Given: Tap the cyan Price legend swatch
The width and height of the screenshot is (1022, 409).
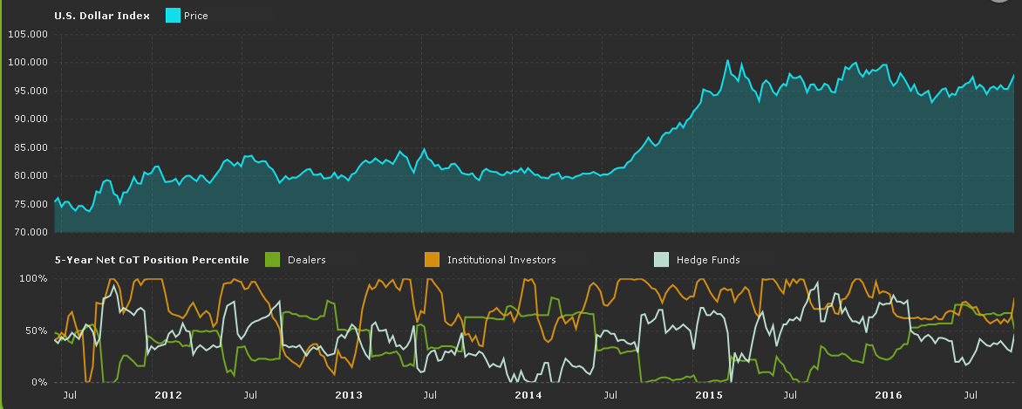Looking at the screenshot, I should [173, 16].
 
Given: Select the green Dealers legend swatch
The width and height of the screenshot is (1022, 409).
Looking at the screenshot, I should [272, 259].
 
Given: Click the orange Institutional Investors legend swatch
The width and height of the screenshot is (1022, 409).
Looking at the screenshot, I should [432, 259].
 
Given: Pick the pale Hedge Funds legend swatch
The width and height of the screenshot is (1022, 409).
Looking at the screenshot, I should [661, 259].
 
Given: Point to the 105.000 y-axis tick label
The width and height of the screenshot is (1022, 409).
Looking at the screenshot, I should [27, 34].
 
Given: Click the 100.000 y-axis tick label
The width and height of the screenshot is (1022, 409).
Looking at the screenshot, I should [27, 63].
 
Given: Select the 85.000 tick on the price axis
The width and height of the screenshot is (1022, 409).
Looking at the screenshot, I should [29, 147].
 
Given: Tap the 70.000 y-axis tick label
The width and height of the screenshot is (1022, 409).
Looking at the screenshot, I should [29, 232].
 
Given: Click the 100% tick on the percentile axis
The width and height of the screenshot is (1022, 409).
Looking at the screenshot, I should [33, 278].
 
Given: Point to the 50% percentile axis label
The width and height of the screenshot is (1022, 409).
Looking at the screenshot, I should [36, 331].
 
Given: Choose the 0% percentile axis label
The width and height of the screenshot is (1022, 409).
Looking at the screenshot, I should [38, 382].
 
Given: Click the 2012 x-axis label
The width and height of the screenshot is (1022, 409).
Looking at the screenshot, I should [167, 395].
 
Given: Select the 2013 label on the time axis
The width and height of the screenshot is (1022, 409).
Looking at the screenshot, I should [348, 395].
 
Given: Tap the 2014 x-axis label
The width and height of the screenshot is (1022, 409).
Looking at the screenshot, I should [528, 395].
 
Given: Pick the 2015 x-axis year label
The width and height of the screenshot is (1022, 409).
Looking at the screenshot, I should [709, 395].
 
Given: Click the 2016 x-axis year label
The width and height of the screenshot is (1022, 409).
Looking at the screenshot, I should [889, 395].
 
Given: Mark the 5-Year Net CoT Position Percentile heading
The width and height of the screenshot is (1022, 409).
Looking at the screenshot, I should [152, 259].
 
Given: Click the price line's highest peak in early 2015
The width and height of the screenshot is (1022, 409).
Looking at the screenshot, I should [727, 61].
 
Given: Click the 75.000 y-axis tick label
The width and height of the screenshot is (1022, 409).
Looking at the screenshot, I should [29, 204].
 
